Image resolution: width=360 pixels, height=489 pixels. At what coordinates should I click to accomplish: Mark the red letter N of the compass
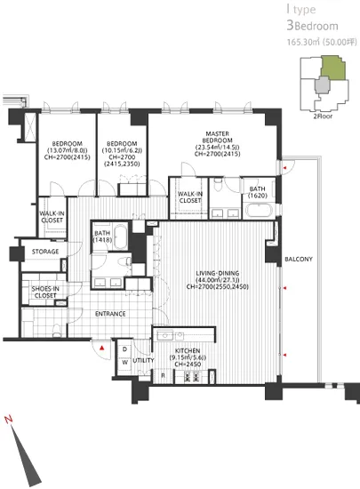pyautogui.click(x=8, y=418)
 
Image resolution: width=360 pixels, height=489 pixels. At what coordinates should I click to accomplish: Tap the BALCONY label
pyautogui.click(x=297, y=260)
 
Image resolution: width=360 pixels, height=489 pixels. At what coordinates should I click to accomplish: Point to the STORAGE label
pyautogui.click(x=45, y=252)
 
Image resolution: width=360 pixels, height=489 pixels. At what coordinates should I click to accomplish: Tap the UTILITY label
pyautogui.click(x=144, y=360)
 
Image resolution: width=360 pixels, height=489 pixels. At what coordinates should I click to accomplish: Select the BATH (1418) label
pyautogui.click(x=103, y=237)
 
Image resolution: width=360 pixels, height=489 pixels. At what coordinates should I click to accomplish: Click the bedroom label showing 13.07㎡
pyautogui.click(x=67, y=149)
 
